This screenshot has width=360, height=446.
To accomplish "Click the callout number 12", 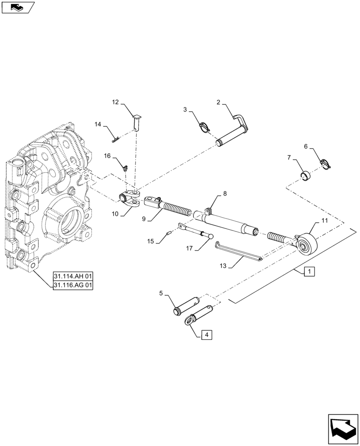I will point(115,103).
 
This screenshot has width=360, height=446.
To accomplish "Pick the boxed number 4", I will point(206,334).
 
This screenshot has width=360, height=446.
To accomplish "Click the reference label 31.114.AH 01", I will point(73,277).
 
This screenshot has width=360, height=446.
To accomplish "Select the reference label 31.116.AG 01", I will point(73,285).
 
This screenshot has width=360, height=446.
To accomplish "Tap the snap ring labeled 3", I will point(205,127).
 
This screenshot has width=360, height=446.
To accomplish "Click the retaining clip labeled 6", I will point(327,165).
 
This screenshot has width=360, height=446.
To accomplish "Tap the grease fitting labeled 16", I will point(126,169).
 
